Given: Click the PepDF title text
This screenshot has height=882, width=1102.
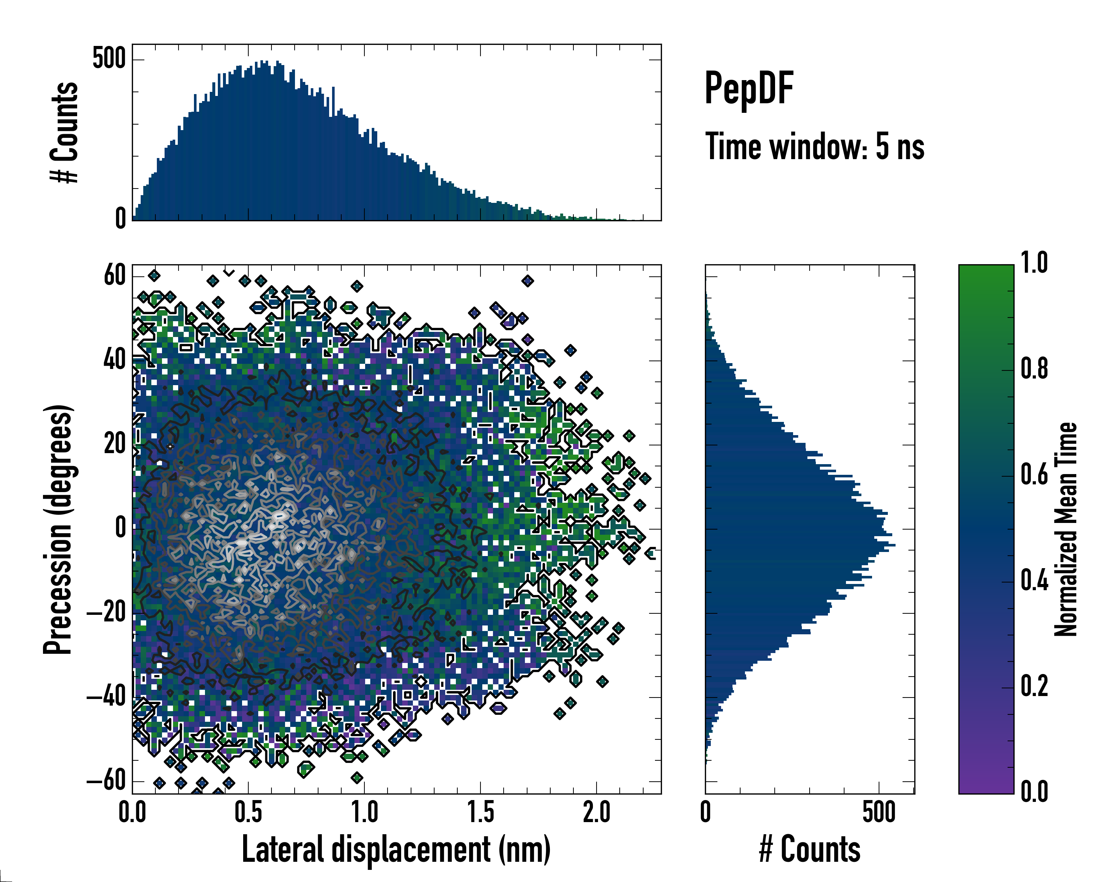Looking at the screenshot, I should point(748,89).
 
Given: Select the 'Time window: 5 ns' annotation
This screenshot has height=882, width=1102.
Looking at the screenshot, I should point(815,147).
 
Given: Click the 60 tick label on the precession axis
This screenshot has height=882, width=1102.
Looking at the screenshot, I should point(115,276).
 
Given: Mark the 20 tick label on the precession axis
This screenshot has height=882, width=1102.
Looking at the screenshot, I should point(115,444).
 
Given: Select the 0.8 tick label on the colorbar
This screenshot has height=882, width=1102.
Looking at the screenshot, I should point(1034,369).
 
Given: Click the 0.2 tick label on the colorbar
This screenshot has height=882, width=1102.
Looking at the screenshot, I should point(1034,686).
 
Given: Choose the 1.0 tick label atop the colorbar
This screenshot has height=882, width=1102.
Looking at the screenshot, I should point(1034,263).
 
